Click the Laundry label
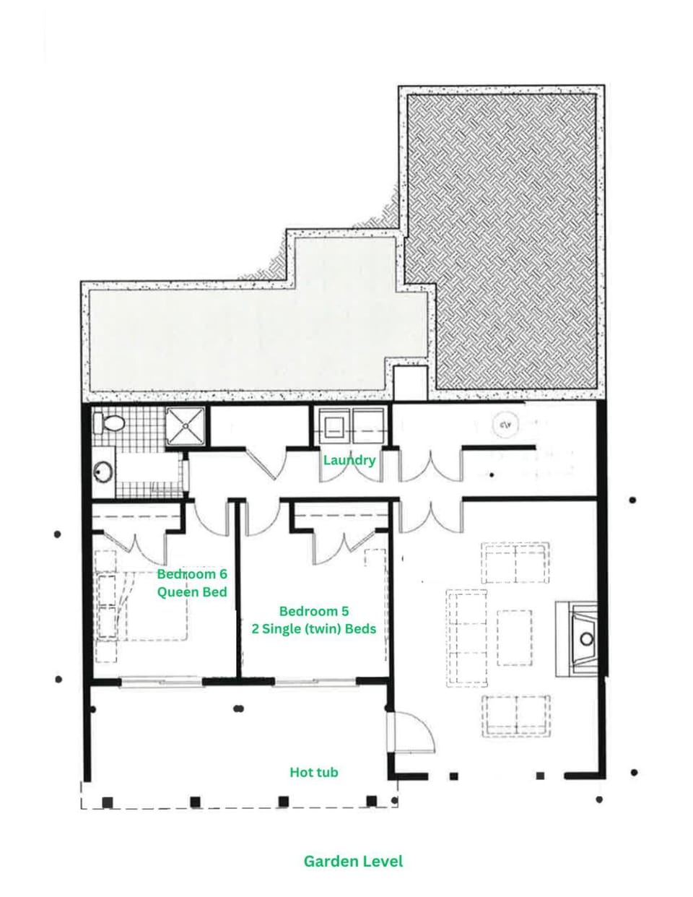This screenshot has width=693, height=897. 349,460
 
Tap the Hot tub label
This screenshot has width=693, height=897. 314,772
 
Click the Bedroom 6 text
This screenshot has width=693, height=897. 192,573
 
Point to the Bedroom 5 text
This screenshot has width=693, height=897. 314,611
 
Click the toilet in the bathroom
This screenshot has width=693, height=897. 109,422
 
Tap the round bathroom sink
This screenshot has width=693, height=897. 103,472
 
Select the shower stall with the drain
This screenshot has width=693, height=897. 186,426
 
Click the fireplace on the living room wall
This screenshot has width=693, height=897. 576,639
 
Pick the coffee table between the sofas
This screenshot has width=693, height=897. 514,638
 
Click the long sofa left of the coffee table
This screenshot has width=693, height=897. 467,638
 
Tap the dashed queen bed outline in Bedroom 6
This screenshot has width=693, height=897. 142,606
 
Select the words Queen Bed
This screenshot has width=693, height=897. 192,592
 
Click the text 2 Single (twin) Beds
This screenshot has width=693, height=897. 314,628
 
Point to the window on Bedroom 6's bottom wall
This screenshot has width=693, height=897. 161,682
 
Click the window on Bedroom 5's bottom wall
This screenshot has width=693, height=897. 315,682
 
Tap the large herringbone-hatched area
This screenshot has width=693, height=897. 501,241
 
